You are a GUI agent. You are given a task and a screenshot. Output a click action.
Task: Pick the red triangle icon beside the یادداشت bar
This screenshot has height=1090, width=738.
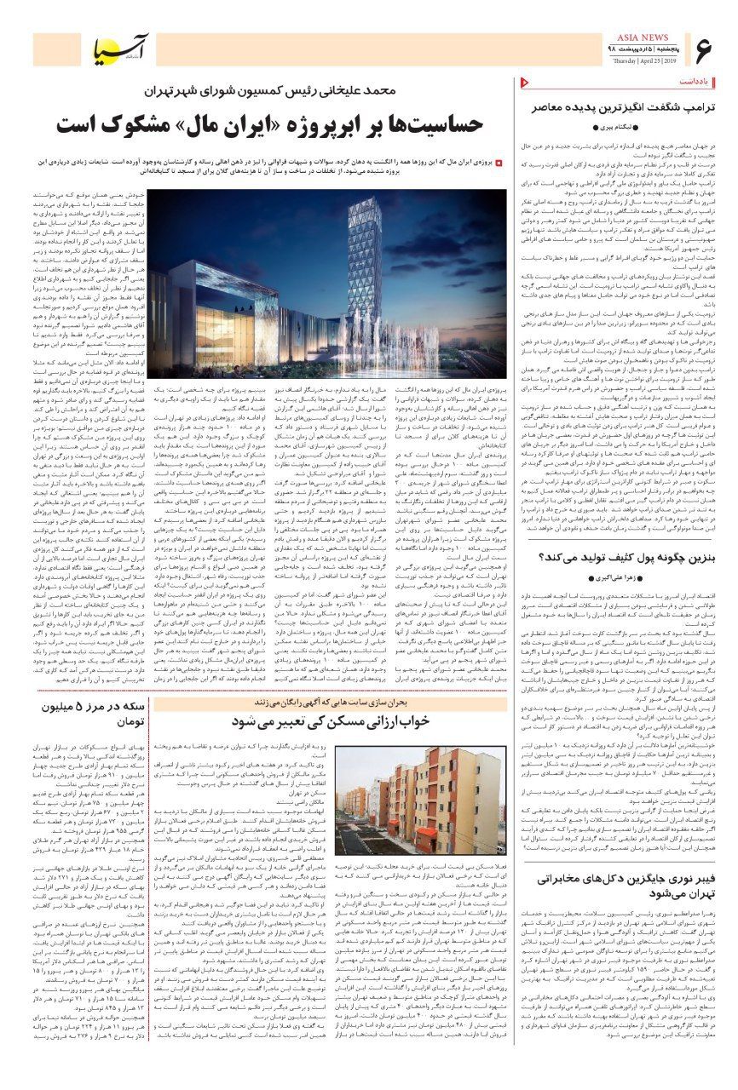[522, 83]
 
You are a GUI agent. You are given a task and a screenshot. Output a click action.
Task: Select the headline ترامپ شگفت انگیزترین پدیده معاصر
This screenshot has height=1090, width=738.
[622, 108]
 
